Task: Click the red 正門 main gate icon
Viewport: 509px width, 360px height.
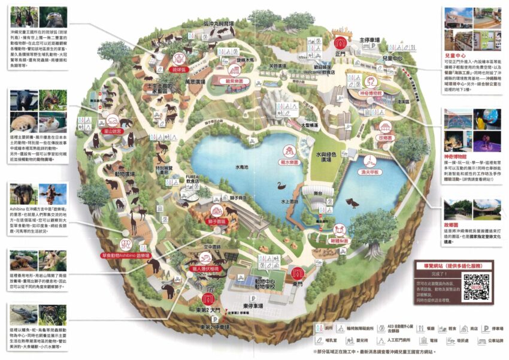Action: point(341,43)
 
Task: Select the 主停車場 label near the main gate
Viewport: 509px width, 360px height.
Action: point(371,41)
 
